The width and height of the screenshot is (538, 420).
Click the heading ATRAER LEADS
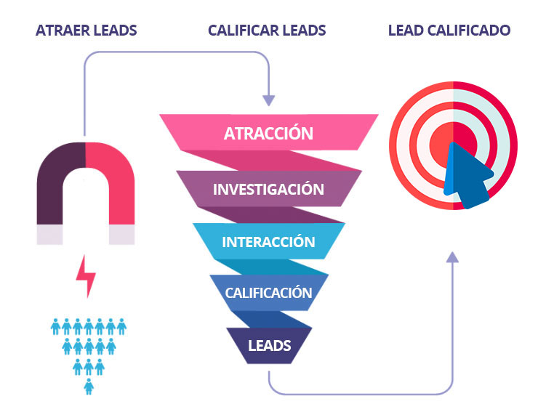(x=86, y=31)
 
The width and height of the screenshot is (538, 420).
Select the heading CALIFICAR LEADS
(x=267, y=31)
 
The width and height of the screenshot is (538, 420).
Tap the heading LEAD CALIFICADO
(x=449, y=31)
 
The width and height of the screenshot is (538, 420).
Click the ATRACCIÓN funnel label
(x=268, y=134)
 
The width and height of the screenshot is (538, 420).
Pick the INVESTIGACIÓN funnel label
(x=268, y=189)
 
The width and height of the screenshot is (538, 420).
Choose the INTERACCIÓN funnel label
(x=268, y=242)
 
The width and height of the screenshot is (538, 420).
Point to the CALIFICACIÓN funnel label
(x=268, y=294)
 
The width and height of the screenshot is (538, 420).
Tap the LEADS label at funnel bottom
(x=269, y=345)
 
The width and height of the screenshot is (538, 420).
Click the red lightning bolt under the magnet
(x=87, y=275)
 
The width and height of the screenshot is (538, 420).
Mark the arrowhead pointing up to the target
(x=452, y=256)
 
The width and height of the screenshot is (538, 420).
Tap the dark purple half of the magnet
(x=60, y=182)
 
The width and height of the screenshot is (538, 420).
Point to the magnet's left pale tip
(x=49, y=234)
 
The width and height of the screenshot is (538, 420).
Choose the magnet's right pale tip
(x=121, y=234)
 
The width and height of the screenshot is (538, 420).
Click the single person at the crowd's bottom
(x=89, y=386)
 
